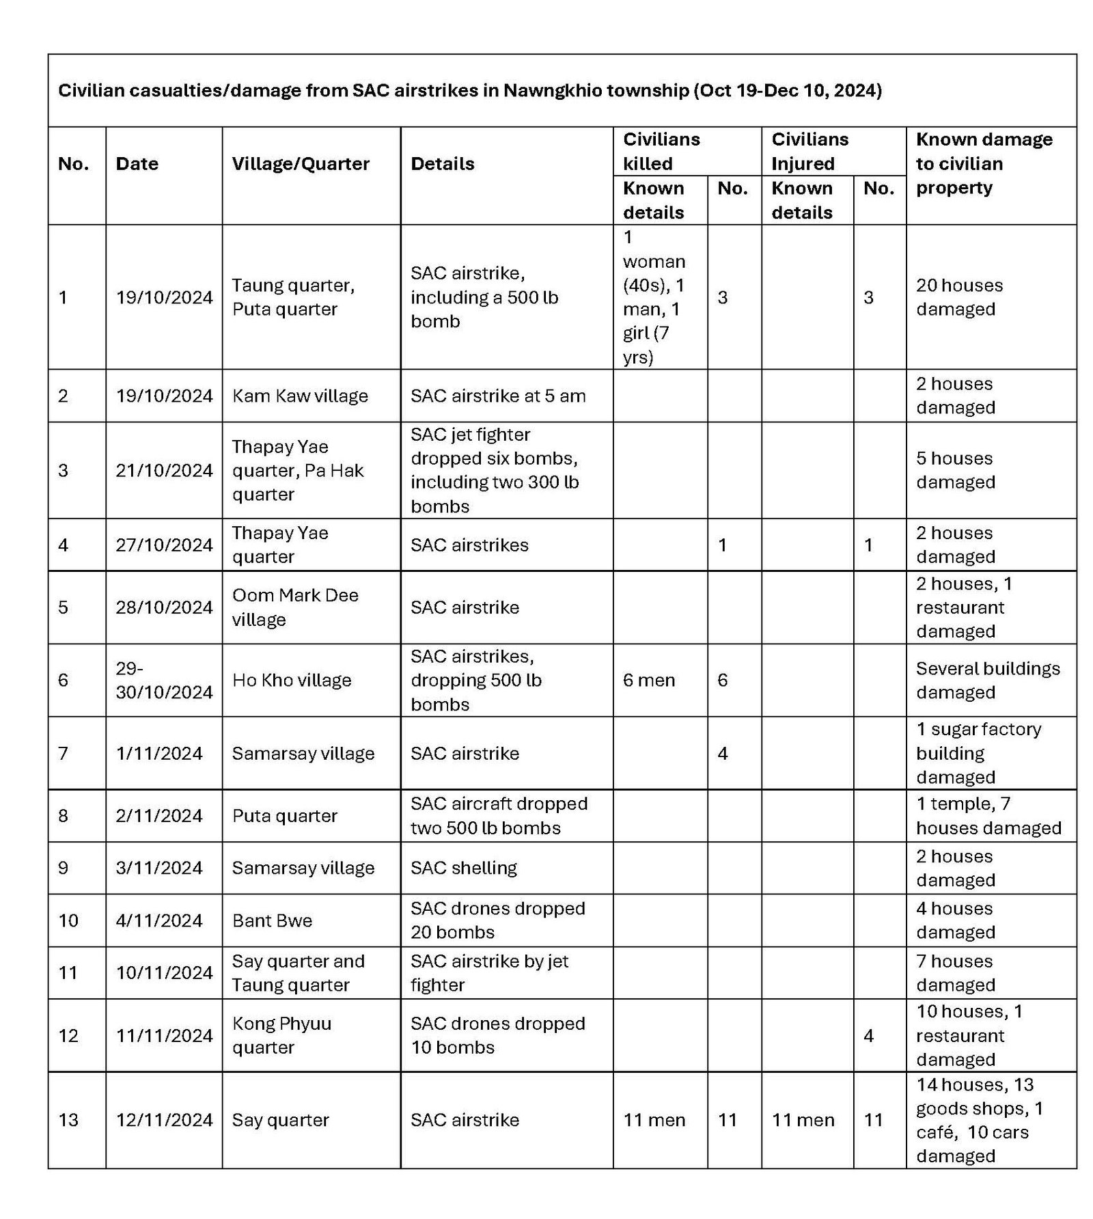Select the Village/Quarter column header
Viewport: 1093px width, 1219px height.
[x=300, y=164]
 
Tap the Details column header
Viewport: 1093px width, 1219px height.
[x=442, y=164]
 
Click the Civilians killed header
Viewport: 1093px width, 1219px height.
[x=661, y=152]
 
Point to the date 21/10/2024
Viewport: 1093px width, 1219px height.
[x=164, y=471]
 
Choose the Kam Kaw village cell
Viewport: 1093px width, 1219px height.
[x=300, y=396]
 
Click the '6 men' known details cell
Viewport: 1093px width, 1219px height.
[x=648, y=681]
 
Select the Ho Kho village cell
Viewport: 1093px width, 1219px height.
[x=292, y=681]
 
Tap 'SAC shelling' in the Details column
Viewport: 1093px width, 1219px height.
[x=464, y=868]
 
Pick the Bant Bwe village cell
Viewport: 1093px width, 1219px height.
[x=272, y=920]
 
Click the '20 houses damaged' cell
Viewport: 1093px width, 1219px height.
[x=959, y=297]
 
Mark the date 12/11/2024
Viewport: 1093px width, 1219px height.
[x=164, y=1120]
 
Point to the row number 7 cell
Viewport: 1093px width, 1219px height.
[x=64, y=754]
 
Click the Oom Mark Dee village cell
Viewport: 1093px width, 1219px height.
[x=295, y=607]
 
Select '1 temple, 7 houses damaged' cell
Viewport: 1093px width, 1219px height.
[x=988, y=816]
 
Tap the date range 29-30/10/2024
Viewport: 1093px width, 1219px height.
[x=164, y=681]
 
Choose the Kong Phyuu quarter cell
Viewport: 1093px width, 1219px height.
[x=281, y=1035]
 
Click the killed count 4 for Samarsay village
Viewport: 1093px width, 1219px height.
[x=723, y=754]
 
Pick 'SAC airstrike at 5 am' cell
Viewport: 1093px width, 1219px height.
[x=498, y=396]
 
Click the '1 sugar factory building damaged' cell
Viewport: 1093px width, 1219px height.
[x=978, y=753]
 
